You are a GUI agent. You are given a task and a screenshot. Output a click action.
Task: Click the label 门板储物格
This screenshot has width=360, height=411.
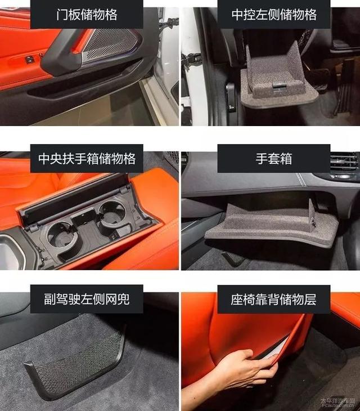pos(87,15)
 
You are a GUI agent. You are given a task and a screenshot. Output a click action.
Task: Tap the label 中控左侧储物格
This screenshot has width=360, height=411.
pos(274,15)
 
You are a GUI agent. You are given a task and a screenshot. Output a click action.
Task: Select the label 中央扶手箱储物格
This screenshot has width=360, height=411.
pos(87,158)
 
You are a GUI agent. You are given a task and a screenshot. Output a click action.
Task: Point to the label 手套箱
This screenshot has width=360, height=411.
pos(274,159)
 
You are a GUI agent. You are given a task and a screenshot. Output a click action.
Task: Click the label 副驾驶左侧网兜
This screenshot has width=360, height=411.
pos(87,299)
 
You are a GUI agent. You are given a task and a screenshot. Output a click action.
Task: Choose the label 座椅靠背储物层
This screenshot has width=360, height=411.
pos(273,299)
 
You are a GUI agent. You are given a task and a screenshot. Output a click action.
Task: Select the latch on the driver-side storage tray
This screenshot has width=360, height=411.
pos(280,86)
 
